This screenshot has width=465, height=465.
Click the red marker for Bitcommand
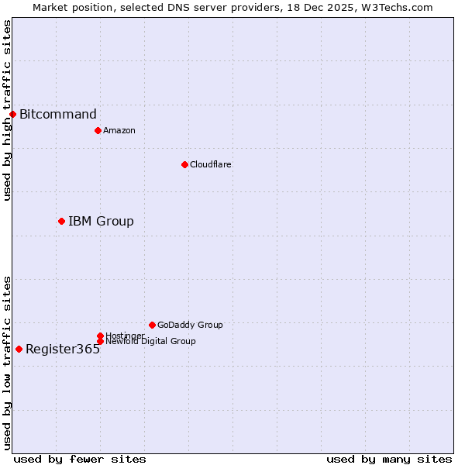[x=12, y=115]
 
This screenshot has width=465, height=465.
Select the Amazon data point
[x=98, y=130]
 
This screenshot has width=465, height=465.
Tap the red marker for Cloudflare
[x=184, y=164]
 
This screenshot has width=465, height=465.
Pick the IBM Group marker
[x=61, y=221]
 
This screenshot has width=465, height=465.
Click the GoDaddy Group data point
[x=152, y=325]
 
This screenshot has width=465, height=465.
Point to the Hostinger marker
[x=100, y=336]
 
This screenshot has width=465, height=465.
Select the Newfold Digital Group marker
[x=100, y=341]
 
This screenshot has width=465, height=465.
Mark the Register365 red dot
[x=19, y=349]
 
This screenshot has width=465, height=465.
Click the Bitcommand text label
[x=58, y=115]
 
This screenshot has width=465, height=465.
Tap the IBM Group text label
[x=101, y=222]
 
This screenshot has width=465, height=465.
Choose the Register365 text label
[x=63, y=350]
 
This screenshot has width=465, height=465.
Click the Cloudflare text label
[x=211, y=164]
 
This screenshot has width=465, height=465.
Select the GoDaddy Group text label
[x=190, y=325]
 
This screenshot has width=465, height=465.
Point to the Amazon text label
[x=119, y=130]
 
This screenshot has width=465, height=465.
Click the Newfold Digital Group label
[x=150, y=342]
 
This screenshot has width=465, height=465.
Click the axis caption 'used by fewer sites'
[x=80, y=459]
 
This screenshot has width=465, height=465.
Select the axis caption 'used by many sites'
[x=389, y=459]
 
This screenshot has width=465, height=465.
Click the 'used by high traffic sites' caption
[x=7, y=110]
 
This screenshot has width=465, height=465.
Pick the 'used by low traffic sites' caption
[x=7, y=363]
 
